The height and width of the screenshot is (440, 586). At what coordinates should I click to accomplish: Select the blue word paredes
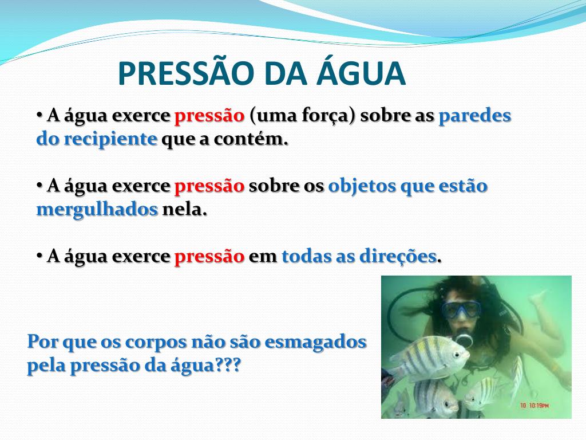tap(474, 116)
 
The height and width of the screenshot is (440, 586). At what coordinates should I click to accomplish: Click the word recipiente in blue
tap(110, 139)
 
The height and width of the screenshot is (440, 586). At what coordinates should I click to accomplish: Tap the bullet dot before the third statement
tap(39, 255)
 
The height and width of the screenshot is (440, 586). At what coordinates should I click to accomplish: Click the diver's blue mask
tap(461, 309)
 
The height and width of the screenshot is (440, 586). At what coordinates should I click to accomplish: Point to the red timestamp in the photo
tap(534, 405)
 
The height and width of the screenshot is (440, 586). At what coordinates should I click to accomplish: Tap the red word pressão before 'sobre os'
tap(209, 186)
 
